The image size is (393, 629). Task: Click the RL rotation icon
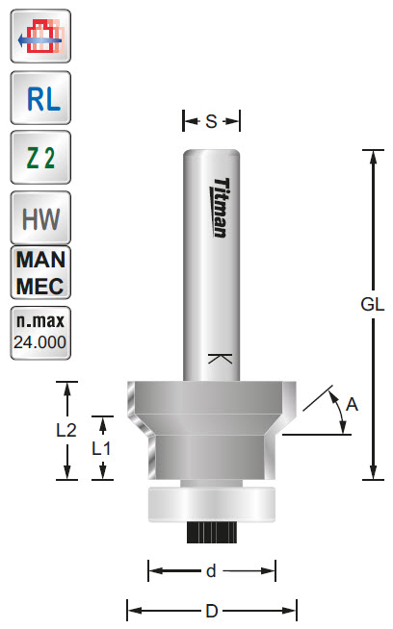coord(39,99)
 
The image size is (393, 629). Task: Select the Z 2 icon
coord(39,159)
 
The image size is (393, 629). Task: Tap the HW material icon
coord(39,217)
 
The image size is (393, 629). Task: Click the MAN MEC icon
coord(39,273)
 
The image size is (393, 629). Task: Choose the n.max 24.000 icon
coord(39,331)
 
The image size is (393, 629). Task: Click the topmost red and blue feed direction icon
coord(39,38)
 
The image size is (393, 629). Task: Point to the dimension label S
coord(211,121)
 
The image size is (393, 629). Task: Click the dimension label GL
coord(373,305)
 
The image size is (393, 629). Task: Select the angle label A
coord(352,405)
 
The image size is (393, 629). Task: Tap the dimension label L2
coord(65,431)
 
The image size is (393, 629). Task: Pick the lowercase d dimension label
coord(211,571)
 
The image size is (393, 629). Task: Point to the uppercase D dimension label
coord(211,611)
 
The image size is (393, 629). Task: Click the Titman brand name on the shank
coord(219,207)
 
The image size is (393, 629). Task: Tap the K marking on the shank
coord(221,361)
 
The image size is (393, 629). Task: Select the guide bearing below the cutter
coord(211,503)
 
